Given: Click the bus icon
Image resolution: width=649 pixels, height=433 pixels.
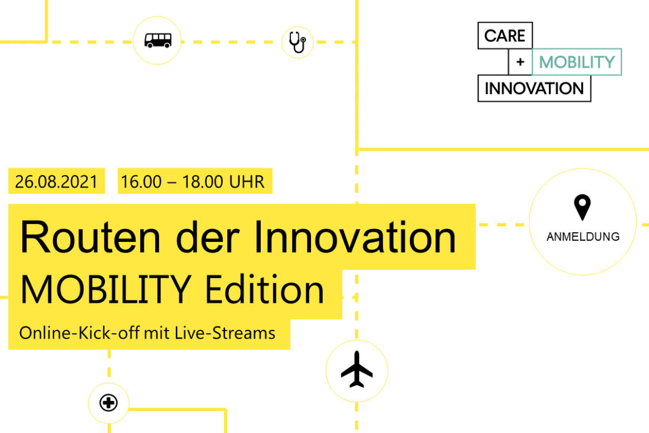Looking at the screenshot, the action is (x=158, y=40).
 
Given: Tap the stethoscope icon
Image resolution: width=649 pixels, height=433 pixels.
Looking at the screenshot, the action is (x=297, y=42).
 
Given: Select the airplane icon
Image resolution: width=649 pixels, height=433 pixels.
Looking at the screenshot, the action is (x=356, y=369).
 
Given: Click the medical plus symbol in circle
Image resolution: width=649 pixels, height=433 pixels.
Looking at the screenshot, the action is (x=108, y=403).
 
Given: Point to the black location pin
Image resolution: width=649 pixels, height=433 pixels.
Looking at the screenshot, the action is (x=582, y=207).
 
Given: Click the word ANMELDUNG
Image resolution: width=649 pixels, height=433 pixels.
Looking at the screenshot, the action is (x=583, y=237).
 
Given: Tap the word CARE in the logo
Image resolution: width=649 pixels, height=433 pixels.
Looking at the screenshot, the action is (x=505, y=36).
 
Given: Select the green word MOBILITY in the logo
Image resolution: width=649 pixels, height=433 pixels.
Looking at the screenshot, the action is (x=577, y=62).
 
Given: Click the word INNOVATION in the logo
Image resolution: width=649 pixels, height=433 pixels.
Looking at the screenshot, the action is (x=534, y=88).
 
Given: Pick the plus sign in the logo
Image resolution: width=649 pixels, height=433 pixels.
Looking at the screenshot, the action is (x=520, y=62).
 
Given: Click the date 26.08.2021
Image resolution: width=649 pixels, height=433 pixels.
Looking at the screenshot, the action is (x=56, y=182).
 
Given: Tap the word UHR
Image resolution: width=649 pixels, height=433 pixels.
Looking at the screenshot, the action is (x=247, y=182).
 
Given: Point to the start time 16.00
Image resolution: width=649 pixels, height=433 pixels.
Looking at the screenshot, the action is (x=141, y=182).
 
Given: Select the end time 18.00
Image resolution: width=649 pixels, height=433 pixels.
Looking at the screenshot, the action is (x=202, y=182).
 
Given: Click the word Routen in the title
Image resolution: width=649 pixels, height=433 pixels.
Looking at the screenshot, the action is (x=90, y=237).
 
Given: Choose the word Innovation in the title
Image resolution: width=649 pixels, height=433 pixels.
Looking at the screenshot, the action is (x=355, y=237).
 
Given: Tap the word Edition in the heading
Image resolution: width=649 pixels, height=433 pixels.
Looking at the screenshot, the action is (x=264, y=289).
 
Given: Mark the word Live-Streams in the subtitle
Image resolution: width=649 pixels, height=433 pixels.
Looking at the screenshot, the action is (x=225, y=333).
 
